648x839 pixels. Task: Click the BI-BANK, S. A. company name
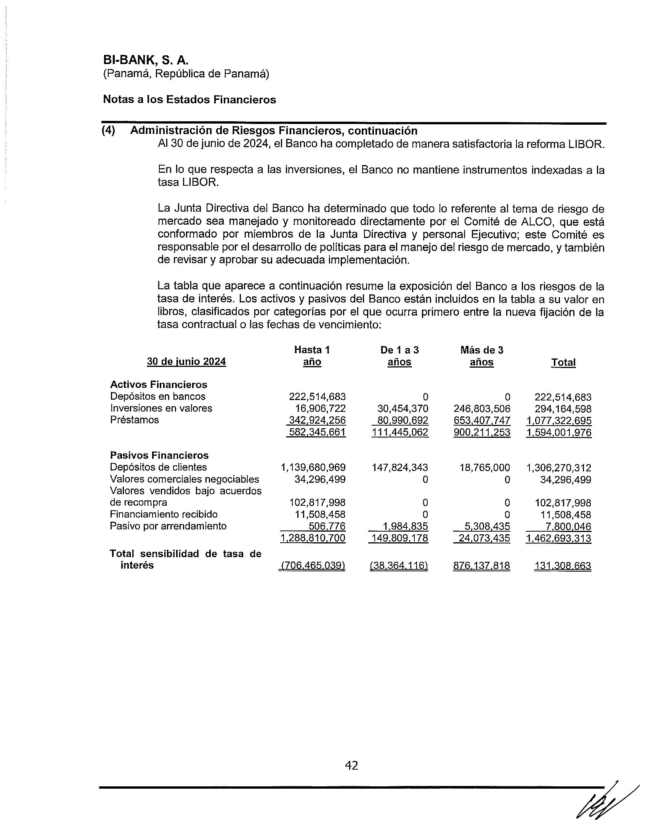click(146, 60)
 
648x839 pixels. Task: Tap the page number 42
click(352, 765)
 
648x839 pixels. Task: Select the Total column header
click(563, 362)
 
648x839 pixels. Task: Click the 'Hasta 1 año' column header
click(312, 356)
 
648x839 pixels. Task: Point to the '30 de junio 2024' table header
click(186, 362)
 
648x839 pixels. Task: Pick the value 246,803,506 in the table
click(482, 408)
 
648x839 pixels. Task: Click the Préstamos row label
click(134, 419)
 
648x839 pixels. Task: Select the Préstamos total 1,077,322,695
click(558, 421)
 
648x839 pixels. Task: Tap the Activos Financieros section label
click(159, 384)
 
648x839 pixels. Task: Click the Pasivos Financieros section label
click(159, 455)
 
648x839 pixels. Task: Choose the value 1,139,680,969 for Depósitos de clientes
click(313, 468)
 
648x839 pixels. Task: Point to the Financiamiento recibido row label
click(164, 514)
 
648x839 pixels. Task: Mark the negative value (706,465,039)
click(313, 566)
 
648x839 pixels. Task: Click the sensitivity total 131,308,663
click(562, 566)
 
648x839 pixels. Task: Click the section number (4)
click(108, 130)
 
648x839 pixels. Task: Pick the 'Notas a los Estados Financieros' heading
click(189, 100)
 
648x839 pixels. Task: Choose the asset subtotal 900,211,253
click(482, 432)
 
